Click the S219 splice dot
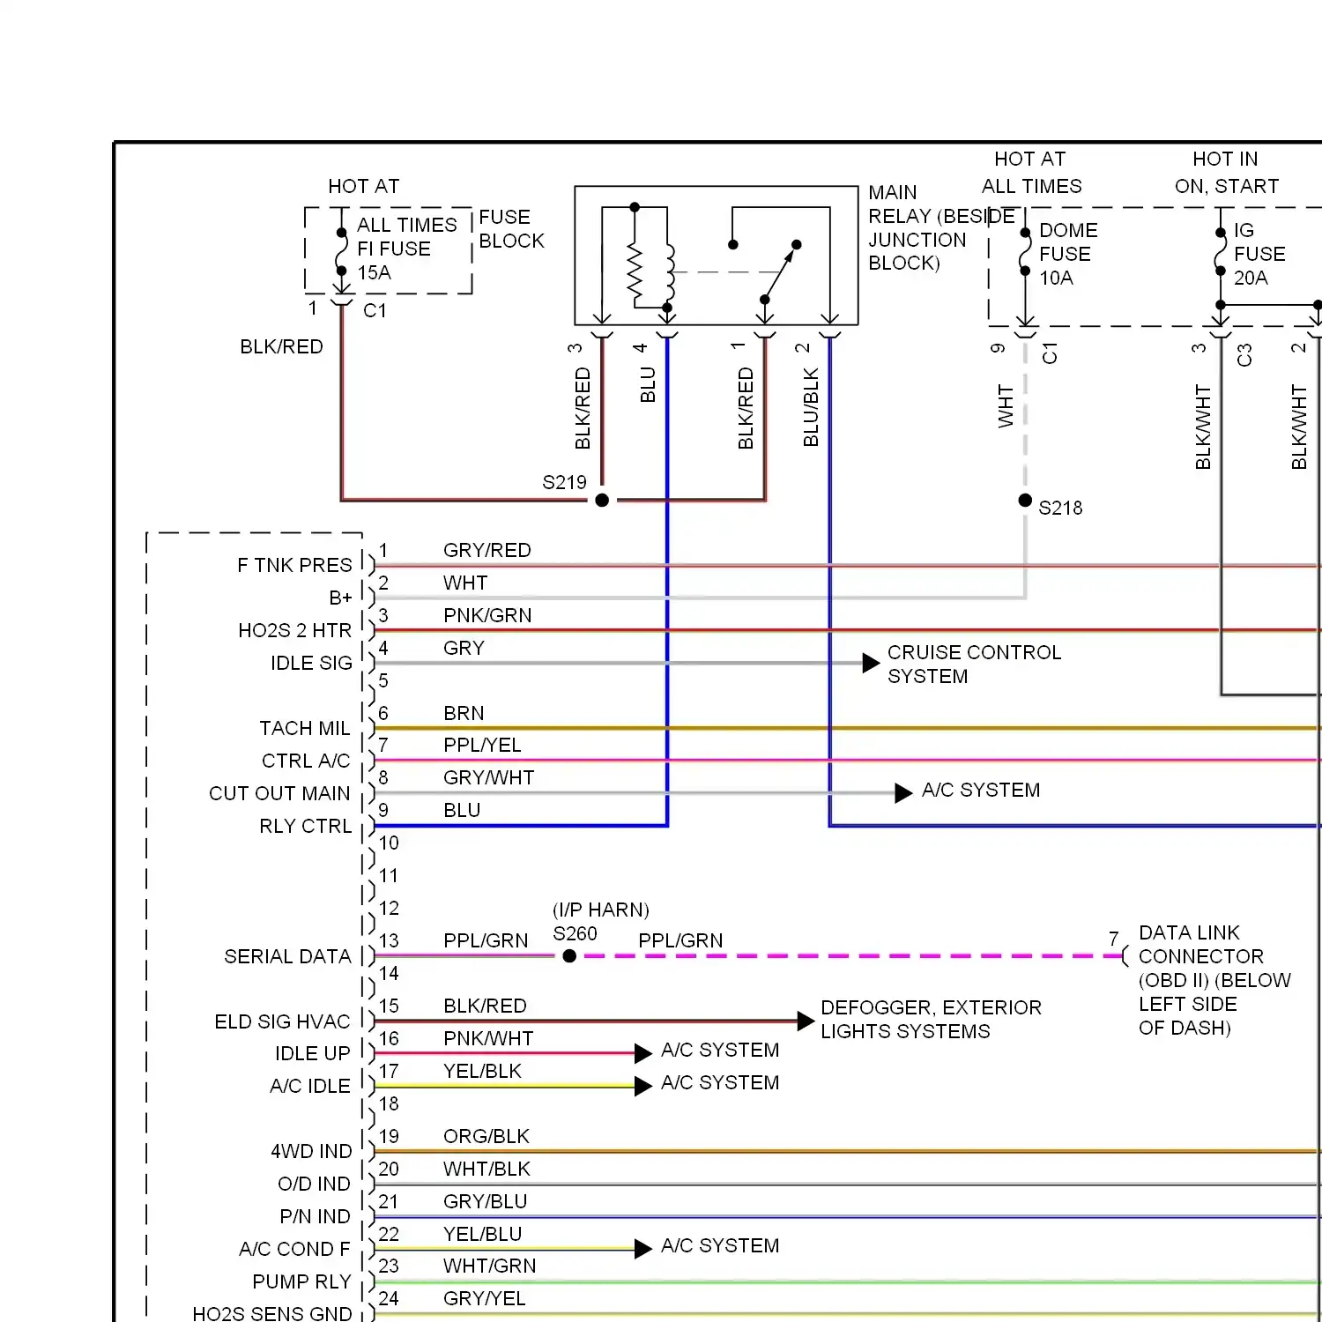pos(602,501)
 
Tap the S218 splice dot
pos(1025,501)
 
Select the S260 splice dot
pos(569,956)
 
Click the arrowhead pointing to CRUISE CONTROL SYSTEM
pos(871,663)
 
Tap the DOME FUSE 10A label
pos(1067,254)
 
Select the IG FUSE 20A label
pos(1259,254)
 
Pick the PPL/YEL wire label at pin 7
pos(482,746)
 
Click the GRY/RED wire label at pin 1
pos(486,551)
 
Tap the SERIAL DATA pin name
pos(287,957)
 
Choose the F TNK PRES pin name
pos(294,566)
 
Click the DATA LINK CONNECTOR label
pos(1200,945)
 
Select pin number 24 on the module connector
pos(389,1298)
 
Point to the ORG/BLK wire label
pos(486,1137)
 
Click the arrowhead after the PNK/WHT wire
pos(643,1053)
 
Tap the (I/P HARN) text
pos(601,910)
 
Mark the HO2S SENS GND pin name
pos(272,1313)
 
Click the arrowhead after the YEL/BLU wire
pos(643,1249)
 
